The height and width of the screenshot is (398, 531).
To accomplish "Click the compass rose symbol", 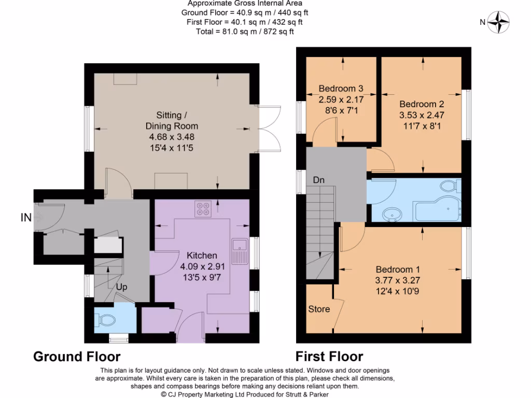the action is pyautogui.click(x=498, y=22).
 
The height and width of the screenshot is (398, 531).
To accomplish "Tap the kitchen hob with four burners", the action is pyautogui.click(x=203, y=209).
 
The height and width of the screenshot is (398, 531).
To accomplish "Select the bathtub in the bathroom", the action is pyautogui.click(x=437, y=208).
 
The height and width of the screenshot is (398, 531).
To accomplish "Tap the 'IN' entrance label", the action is pyautogui.click(x=26, y=217).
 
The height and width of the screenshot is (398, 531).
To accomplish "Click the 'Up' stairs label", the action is pyautogui.click(x=121, y=287).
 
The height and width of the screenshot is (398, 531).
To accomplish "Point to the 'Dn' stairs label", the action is pyautogui.click(x=319, y=180).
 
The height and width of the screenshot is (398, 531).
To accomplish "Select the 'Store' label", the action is pyautogui.click(x=319, y=309).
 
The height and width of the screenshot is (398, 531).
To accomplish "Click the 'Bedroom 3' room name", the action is pyautogui.click(x=341, y=89).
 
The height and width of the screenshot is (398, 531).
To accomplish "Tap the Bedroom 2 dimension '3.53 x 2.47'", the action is pyautogui.click(x=422, y=115).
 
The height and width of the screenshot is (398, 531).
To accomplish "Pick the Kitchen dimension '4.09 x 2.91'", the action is pyautogui.click(x=203, y=266).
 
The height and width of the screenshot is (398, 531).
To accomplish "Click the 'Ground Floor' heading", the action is pyautogui.click(x=77, y=357).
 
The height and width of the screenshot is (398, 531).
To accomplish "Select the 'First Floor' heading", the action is pyautogui.click(x=329, y=357).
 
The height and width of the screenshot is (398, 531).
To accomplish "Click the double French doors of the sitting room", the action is pyautogui.click(x=270, y=129).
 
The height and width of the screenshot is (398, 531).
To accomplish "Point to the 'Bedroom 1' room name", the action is pyautogui.click(x=398, y=269).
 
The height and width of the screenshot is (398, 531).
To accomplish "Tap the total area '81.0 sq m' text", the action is pyautogui.click(x=236, y=32).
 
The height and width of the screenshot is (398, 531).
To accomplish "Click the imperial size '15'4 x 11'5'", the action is pyautogui.click(x=171, y=148).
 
